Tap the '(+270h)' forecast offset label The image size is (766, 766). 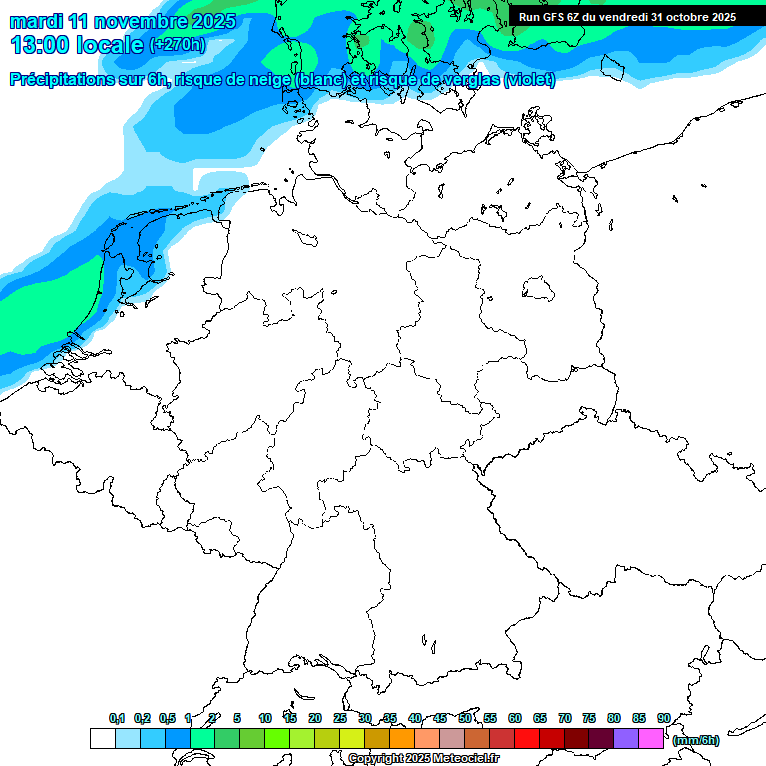click(x=178, y=45)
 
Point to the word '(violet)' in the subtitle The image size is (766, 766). click(x=530, y=80)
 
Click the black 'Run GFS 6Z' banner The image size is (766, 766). click(x=627, y=16)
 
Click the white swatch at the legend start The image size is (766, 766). click(x=102, y=738)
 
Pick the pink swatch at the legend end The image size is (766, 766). click(x=651, y=738)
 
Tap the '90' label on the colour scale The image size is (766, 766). click(x=664, y=718)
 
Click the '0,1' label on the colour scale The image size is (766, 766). click(x=117, y=718)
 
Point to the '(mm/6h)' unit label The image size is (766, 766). click(x=695, y=740)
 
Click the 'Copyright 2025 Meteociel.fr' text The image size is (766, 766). click(x=423, y=759)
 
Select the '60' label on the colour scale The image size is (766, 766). click(x=515, y=718)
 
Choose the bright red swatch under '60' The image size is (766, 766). click(x=527, y=738)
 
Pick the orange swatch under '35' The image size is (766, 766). click(x=402, y=738)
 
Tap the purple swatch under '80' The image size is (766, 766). click(x=626, y=738)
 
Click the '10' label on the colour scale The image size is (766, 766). click(x=265, y=718)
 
